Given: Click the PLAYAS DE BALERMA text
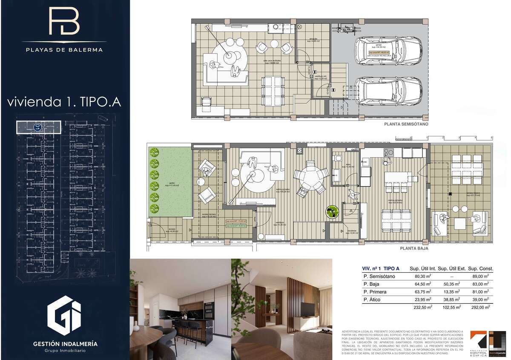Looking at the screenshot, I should point(63,49).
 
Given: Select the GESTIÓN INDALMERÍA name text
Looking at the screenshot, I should point(65,343).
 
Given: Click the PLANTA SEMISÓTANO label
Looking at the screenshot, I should point(405,124).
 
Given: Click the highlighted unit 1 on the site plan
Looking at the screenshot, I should point(38,127).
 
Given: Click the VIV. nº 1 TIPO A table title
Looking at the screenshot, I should point(380,269).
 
